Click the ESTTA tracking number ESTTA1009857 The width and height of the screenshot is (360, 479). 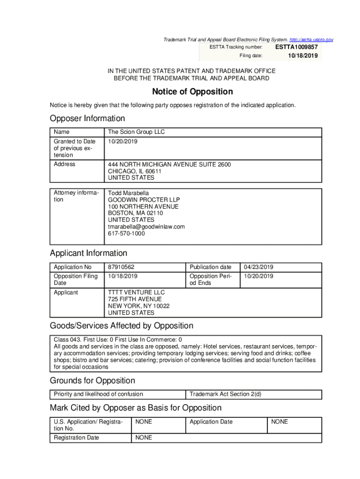click(x=296, y=47)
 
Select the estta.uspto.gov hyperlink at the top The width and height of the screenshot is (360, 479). click(x=311, y=40)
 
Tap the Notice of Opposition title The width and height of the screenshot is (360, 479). click(x=192, y=92)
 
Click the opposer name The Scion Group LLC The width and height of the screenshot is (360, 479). click(x=136, y=132)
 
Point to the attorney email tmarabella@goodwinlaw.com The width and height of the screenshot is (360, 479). click(x=146, y=227)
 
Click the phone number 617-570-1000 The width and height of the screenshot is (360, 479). click(x=126, y=233)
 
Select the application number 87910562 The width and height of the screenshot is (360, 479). click(x=121, y=267)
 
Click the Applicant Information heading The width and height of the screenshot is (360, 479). click(x=88, y=253)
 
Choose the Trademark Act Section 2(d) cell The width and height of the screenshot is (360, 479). click(x=225, y=394)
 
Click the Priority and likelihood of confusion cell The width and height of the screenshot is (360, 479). click(x=98, y=394)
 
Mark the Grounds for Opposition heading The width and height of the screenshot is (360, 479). click(x=92, y=381)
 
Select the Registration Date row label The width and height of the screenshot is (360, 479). click(x=76, y=438)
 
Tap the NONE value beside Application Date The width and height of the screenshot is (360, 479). click(x=280, y=422)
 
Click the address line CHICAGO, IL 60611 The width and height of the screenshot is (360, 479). click(x=135, y=171)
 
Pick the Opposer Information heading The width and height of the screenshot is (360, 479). click(x=87, y=118)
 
